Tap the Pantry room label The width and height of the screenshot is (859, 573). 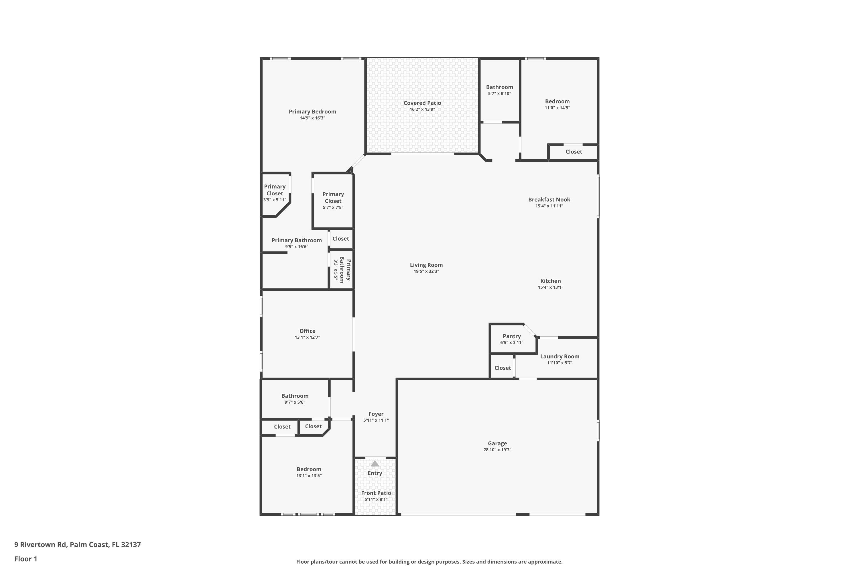click(x=512, y=336)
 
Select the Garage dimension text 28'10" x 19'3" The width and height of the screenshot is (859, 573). click(x=497, y=450)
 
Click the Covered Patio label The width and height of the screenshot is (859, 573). click(x=422, y=103)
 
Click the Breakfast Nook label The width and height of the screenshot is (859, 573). click(x=549, y=199)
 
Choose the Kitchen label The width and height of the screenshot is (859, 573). click(x=550, y=281)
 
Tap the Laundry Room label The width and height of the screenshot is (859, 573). click(x=559, y=357)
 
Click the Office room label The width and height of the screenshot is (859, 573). click(x=307, y=331)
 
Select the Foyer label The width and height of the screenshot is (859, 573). click(x=376, y=414)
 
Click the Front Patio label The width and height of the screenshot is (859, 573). click(x=376, y=493)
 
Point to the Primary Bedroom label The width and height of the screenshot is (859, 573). click(x=312, y=112)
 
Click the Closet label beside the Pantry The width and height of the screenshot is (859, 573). click(x=503, y=368)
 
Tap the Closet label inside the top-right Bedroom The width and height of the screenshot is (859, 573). click(x=574, y=152)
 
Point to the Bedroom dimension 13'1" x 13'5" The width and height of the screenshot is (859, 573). click(x=309, y=476)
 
